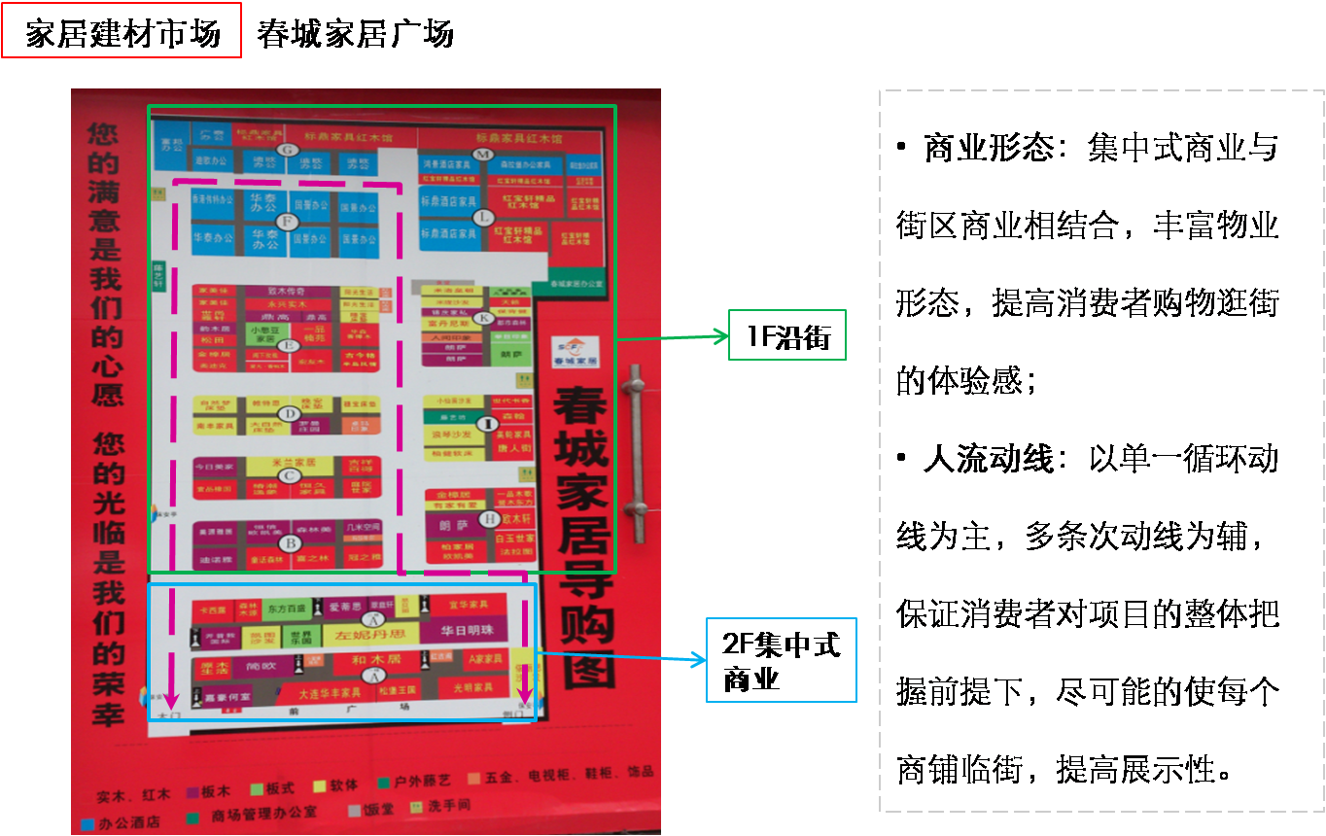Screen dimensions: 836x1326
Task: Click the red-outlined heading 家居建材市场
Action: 122,35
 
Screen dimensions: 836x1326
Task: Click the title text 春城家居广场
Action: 355,35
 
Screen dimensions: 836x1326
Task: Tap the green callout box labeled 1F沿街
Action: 787,335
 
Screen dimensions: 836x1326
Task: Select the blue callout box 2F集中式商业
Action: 781,661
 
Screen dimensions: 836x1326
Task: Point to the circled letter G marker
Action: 287,150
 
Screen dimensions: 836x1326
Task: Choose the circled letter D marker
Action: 288,415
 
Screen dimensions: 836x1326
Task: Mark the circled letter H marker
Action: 490,519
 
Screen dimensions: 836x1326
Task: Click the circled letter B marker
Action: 290,543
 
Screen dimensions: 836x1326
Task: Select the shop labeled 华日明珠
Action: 467,630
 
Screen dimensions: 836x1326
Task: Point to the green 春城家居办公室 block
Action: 576,284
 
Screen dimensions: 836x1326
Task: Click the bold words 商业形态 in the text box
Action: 989,149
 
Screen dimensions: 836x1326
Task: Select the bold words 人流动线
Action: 989,459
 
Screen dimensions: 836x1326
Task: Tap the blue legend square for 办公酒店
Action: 87,822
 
